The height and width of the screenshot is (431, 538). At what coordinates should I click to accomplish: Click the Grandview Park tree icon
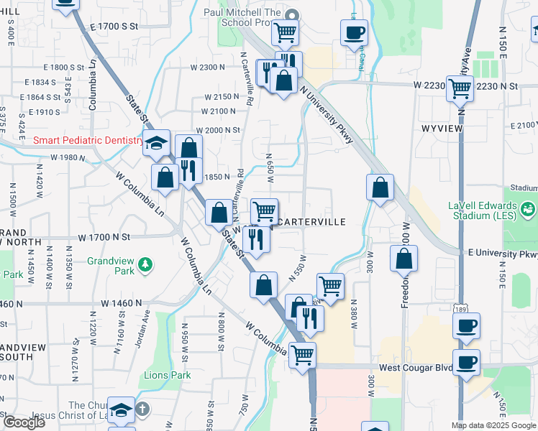click(x=145, y=265)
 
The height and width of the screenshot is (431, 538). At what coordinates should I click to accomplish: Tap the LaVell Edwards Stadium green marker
click(x=529, y=209)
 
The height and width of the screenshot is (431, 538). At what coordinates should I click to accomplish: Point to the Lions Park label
click(x=167, y=375)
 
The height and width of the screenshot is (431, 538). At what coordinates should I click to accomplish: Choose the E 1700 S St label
click(x=114, y=26)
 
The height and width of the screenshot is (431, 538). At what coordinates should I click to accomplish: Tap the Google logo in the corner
click(x=24, y=422)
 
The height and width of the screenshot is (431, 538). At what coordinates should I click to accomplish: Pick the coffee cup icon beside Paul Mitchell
click(x=353, y=33)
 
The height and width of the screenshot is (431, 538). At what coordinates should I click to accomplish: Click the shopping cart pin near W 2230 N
click(x=460, y=90)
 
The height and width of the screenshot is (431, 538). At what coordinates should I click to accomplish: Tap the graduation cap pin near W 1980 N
click(x=155, y=143)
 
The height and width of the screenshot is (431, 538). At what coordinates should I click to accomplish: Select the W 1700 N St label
click(x=105, y=236)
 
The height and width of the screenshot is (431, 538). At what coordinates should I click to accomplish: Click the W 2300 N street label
click(x=208, y=67)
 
